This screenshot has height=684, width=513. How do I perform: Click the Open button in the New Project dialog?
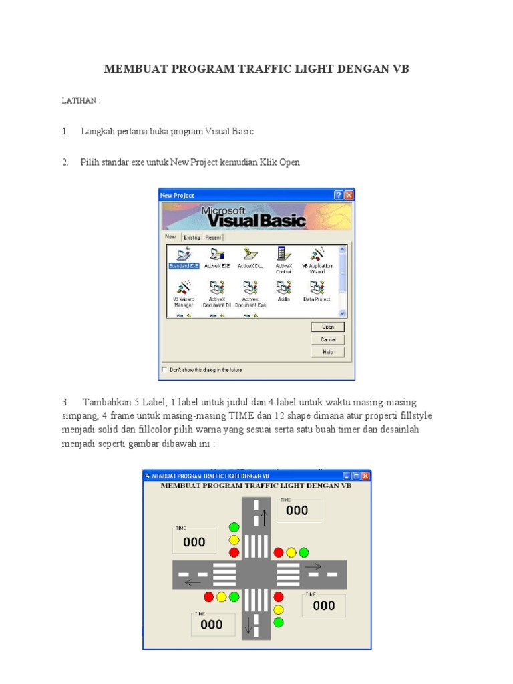point(327,327)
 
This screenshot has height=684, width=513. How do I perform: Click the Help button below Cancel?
point(327,352)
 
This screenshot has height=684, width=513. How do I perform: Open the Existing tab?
point(192,237)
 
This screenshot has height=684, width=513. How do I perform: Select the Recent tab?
point(213,237)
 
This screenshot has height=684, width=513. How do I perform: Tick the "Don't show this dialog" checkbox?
point(165,369)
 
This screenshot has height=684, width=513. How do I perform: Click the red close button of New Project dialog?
point(349,195)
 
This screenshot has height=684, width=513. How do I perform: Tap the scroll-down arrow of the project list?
point(343,313)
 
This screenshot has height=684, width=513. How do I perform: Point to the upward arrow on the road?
point(263,516)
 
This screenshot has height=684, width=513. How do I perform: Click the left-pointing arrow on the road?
point(193,582)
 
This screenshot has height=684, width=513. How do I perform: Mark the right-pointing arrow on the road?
point(313,566)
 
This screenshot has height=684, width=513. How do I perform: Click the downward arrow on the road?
point(248,626)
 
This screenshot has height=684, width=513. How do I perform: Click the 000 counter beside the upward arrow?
point(297,511)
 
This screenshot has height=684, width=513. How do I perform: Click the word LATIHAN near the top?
point(81,100)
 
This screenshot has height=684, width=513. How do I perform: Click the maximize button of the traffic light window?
point(356,476)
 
